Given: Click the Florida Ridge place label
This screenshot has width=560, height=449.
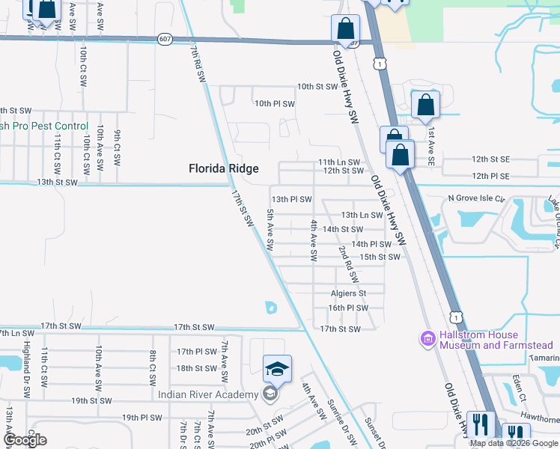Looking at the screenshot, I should pyautogui.click(x=223, y=169).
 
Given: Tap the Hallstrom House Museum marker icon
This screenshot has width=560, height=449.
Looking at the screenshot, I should pyautogui.click(x=428, y=339).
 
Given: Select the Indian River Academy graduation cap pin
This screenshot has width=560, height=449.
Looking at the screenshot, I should pyautogui.click(x=277, y=368).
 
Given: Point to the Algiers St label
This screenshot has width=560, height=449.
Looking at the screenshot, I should pyautogui.click(x=348, y=293).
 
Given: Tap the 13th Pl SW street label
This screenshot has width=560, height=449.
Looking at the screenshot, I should pyautogui.click(x=291, y=200).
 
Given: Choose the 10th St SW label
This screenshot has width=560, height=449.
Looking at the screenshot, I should pyautogui.click(x=317, y=87).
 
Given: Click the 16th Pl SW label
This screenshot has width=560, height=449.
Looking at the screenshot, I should pyautogui.click(x=348, y=308).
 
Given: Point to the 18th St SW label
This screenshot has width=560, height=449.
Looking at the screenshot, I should pyautogui.click(x=196, y=368).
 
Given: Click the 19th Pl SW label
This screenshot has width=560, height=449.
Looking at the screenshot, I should pyautogui.click(x=141, y=418).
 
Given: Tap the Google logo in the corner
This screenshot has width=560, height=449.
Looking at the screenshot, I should pyautogui.click(x=25, y=440).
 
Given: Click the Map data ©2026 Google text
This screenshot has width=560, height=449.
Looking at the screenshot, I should pyautogui.click(x=514, y=443).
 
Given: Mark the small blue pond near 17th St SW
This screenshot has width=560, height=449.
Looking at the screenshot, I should pyautogui.click(x=270, y=307).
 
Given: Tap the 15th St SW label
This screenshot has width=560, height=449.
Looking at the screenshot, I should pyautogui.click(x=380, y=257).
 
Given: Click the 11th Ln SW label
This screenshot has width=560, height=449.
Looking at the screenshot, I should pyautogui.click(x=338, y=162).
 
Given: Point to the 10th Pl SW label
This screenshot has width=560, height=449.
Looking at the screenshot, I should pyautogui.click(x=275, y=103).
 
